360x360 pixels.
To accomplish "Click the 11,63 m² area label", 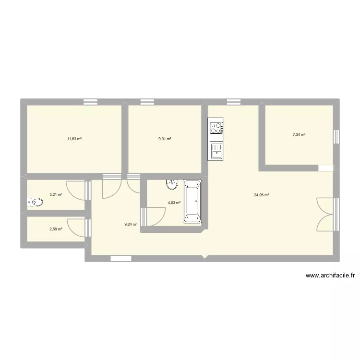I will pos(74,139).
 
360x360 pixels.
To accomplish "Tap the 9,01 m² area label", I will pos(165,139).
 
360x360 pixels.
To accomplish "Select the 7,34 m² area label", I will pos(299,135).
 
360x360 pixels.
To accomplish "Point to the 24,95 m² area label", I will pos(261,195).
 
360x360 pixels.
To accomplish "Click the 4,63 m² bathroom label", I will pos(174,203).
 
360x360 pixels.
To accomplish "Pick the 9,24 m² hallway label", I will pos(131,224).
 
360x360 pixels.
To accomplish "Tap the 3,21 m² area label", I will pos(56,195).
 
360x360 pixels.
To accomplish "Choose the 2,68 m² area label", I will pos(56,229).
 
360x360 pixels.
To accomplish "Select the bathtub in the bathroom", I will pos(192,202).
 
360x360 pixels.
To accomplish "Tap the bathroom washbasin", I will pos(172,183).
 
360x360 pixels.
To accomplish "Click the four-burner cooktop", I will pos(216,128).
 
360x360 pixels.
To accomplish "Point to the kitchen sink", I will pos(216,151).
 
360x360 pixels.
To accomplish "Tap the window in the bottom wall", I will pos(120,259).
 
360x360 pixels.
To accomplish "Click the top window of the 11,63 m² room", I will pos(90,102).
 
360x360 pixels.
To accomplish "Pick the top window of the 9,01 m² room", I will pos(147,102).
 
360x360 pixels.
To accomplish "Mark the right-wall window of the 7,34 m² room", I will pos(336,136).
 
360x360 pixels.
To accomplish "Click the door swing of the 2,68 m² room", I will pos(77,228).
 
